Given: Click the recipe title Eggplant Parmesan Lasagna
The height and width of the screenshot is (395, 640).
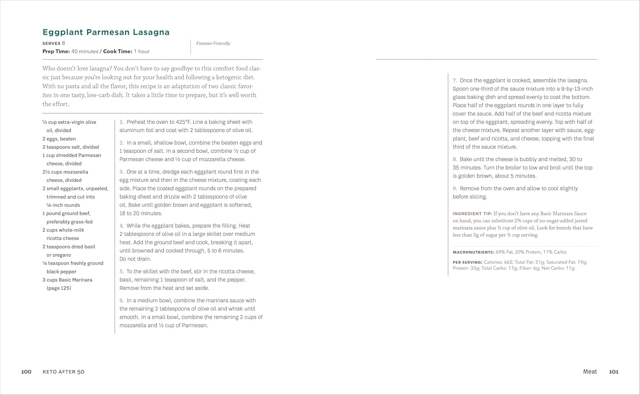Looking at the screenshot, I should click(x=106, y=32).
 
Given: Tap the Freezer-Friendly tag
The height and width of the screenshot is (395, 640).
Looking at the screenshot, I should click(x=213, y=43).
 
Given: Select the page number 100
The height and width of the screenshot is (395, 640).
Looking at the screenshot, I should click(x=26, y=372).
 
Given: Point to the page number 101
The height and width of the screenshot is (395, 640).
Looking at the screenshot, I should click(x=614, y=372).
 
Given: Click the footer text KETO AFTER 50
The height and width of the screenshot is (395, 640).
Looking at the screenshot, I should click(x=64, y=372).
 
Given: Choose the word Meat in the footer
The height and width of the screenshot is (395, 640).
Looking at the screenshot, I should click(x=590, y=372).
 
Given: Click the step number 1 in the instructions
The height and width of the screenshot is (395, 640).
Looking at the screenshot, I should click(x=122, y=122).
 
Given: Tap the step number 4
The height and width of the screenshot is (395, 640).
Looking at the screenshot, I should click(x=122, y=226).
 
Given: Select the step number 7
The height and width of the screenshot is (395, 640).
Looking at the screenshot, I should click(x=455, y=80).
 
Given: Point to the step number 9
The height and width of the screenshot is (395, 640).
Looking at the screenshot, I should click(x=455, y=188).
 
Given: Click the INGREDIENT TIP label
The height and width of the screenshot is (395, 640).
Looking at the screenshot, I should click(x=472, y=214).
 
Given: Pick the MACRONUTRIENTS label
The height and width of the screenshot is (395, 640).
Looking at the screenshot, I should click(x=473, y=252).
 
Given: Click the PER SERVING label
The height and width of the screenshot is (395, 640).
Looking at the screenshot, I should click(x=468, y=262).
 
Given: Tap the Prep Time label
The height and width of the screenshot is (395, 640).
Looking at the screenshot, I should click(x=56, y=51).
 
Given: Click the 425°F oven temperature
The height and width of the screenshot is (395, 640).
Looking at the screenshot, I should click(x=183, y=122).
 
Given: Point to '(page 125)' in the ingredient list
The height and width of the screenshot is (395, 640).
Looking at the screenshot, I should click(x=59, y=288).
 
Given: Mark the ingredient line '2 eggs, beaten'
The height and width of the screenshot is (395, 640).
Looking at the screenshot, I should click(x=59, y=139).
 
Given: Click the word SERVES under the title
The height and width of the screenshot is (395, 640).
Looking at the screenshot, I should click(x=51, y=43).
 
